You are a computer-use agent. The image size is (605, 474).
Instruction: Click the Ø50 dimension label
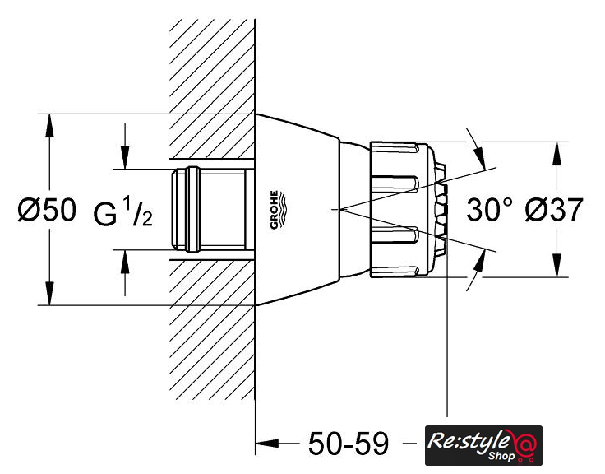[45, 211]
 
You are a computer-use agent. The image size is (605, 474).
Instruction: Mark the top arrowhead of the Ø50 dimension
[50, 122]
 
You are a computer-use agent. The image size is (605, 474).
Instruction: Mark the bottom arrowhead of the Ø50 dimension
[50, 297]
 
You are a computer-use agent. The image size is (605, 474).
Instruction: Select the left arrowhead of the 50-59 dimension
[264, 444]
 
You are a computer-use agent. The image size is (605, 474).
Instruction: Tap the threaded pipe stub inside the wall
[210, 210]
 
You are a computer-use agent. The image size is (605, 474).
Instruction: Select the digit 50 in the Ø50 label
[58, 211]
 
